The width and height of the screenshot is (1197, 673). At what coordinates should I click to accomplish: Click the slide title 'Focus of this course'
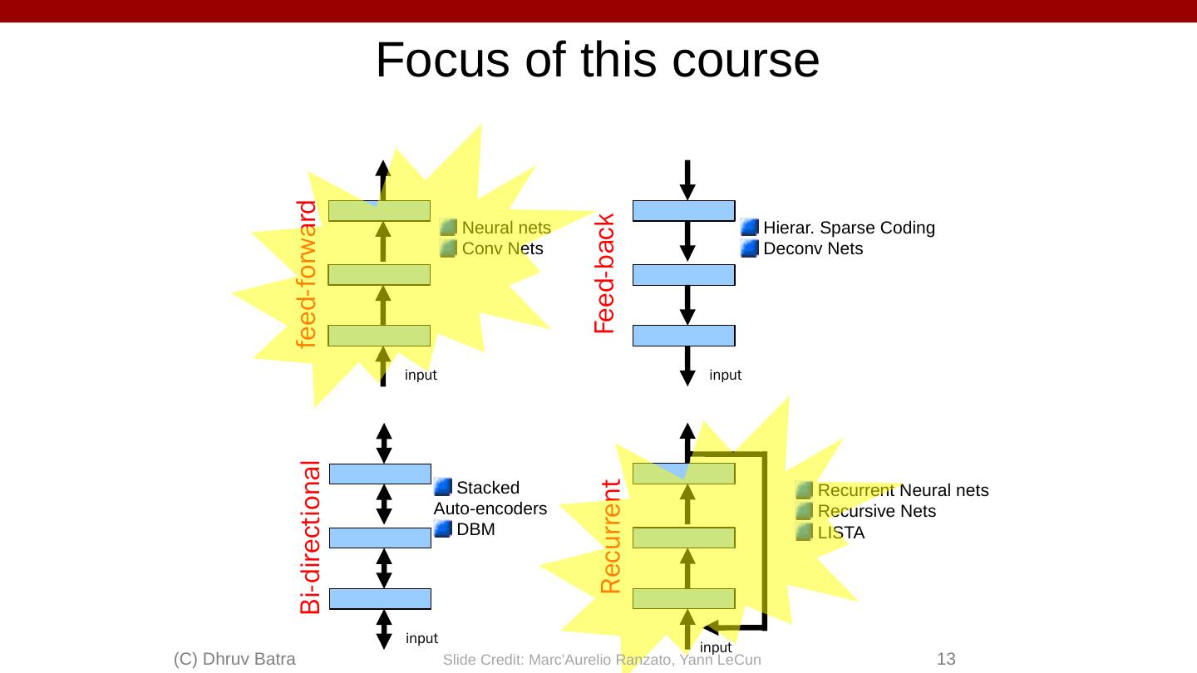(x=598, y=60)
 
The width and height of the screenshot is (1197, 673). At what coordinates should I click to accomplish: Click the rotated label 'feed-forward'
(x=308, y=273)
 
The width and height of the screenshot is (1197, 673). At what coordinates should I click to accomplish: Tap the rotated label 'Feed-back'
(x=604, y=273)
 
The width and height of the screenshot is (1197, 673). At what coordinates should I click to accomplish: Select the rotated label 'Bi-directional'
(x=311, y=537)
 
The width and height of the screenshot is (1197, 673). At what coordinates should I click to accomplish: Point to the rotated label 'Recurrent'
(x=611, y=537)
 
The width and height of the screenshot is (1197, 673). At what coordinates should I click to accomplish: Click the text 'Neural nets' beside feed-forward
(x=506, y=228)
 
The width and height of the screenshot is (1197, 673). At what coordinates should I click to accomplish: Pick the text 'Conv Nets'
(x=502, y=248)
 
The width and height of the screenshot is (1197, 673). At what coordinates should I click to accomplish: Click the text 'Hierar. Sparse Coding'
(x=849, y=228)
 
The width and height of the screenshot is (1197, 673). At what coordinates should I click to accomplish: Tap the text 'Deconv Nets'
(x=812, y=248)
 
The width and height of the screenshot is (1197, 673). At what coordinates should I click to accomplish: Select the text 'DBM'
(x=476, y=529)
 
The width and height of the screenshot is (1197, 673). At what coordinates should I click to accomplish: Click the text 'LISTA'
(x=841, y=533)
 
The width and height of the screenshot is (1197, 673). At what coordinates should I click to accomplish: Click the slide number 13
(x=946, y=659)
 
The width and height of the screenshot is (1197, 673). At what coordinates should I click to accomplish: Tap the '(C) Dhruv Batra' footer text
(x=235, y=659)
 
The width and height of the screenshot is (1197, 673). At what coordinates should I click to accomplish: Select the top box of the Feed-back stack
(x=684, y=211)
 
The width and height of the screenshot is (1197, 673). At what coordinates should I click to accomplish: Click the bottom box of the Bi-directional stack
(x=381, y=598)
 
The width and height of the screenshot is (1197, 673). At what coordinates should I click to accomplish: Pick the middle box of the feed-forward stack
(x=379, y=274)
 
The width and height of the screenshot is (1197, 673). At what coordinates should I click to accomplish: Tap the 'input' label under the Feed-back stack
(x=725, y=375)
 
